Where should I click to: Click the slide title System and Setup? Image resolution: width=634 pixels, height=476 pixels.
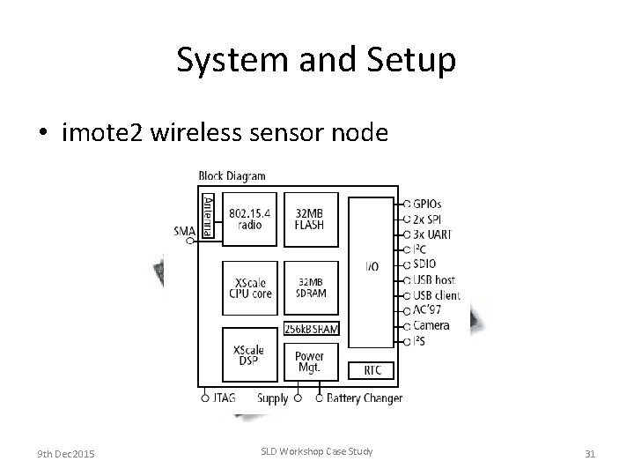[316, 60]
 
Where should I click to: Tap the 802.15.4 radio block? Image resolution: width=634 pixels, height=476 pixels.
[249, 219]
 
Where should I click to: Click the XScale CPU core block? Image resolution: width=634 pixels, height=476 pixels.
[249, 287]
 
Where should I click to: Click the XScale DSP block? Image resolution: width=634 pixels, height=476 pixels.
[249, 356]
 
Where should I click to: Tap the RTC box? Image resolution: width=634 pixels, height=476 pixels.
[372, 369]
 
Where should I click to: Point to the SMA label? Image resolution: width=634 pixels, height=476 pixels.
[184, 231]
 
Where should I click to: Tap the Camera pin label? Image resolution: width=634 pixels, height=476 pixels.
[431, 325]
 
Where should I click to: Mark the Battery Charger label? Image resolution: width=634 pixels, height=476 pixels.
[365, 398]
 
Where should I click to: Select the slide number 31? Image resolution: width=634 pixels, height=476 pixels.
[590, 453]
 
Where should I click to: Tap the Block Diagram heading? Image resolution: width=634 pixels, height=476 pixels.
[232, 175]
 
